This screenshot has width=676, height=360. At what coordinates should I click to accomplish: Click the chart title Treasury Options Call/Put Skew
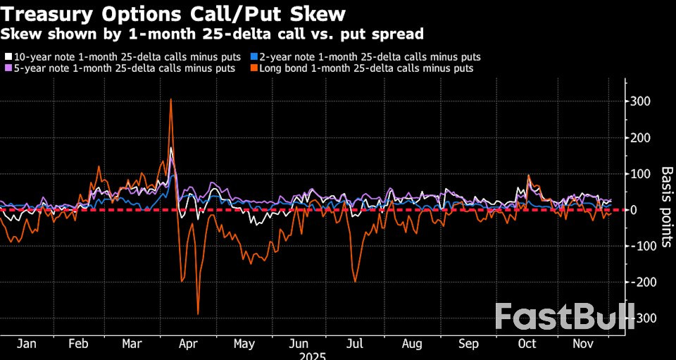(x=174, y=13)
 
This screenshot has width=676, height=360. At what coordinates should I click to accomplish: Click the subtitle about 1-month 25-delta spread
(x=212, y=33)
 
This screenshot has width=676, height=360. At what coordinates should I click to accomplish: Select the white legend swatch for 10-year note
(x=8, y=56)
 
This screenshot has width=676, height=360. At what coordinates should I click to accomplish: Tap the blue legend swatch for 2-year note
(x=255, y=56)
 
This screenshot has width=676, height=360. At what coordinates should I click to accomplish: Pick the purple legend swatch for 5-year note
(x=8, y=68)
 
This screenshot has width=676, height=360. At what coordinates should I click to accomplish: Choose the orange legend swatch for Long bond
(x=255, y=68)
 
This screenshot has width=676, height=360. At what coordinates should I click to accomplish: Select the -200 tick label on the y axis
(x=644, y=283)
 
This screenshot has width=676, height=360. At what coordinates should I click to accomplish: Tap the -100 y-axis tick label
(x=644, y=246)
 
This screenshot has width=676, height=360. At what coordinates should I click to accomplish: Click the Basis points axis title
(x=666, y=209)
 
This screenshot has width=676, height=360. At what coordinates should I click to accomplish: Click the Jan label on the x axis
(x=26, y=344)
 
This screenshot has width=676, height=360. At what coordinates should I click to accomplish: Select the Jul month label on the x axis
(x=355, y=344)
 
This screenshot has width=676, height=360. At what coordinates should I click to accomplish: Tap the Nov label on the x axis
(x=582, y=344)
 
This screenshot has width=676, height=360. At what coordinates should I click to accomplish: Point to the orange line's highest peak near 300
(x=171, y=99)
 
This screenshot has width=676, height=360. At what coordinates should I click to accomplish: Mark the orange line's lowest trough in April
(x=198, y=314)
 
